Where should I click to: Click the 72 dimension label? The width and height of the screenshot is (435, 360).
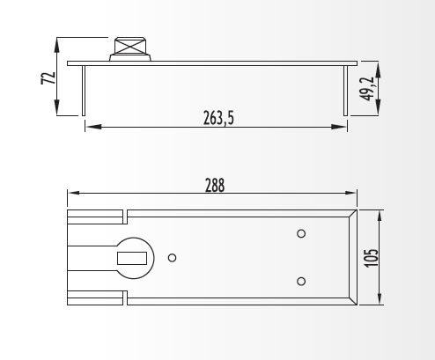48,78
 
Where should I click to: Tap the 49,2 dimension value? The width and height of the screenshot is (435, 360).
367,89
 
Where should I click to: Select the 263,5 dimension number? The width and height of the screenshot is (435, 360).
218,118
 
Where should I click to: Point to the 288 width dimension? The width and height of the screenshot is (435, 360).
215,185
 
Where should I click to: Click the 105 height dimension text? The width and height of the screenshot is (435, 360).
371,258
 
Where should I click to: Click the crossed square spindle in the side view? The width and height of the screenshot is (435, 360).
129,46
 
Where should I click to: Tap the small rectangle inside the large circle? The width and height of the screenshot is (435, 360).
132,258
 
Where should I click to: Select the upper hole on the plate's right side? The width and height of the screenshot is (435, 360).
301,233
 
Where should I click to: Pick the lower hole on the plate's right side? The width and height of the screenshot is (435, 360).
301,282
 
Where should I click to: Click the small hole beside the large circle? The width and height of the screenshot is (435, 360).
172,258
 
